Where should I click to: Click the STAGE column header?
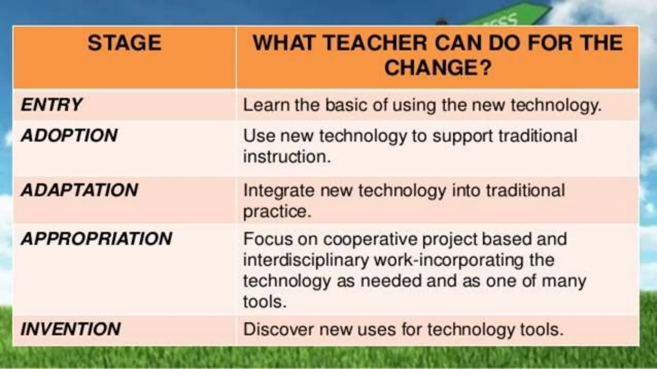tap(124, 43)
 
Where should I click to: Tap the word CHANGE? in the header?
tap(438, 68)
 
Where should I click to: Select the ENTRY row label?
tap(51, 105)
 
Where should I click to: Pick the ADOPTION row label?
tap(69, 135)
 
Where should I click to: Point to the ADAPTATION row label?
tap(80, 190)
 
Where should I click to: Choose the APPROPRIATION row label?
tap(97, 239)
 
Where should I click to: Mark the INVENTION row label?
tap(71, 329)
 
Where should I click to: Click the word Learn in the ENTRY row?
tap(266, 105)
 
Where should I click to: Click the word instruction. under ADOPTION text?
tap(287, 157)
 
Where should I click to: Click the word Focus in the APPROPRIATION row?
tap(268, 239)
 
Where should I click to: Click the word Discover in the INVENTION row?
tap(279, 329)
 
